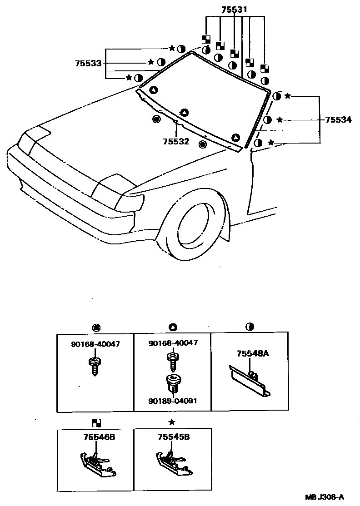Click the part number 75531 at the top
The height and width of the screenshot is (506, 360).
click(235, 10)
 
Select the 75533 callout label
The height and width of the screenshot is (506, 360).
click(88, 64)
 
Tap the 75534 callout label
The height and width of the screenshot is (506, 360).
click(338, 120)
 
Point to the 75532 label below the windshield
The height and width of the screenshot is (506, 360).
click(176, 141)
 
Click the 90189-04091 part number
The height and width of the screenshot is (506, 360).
click(173, 401)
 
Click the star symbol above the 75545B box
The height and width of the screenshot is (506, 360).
click(172, 422)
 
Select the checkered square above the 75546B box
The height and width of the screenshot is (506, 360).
click(96, 422)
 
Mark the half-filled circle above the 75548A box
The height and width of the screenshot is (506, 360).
click(250, 327)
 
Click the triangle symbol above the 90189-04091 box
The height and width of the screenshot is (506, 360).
click(172, 327)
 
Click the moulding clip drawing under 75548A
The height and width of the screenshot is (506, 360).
click(249, 380)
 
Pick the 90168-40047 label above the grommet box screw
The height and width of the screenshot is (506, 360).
click(173, 343)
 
